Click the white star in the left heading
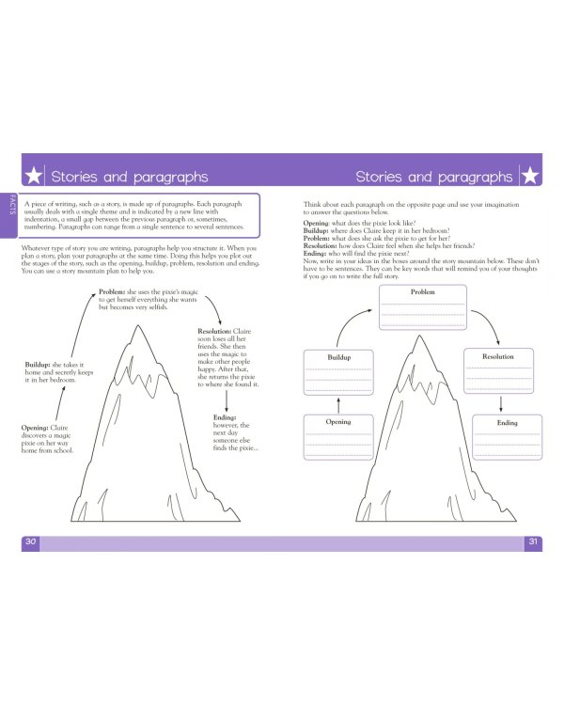[33, 176]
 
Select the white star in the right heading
[529, 176]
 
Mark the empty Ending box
[507, 437]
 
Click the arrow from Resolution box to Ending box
[500, 401]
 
